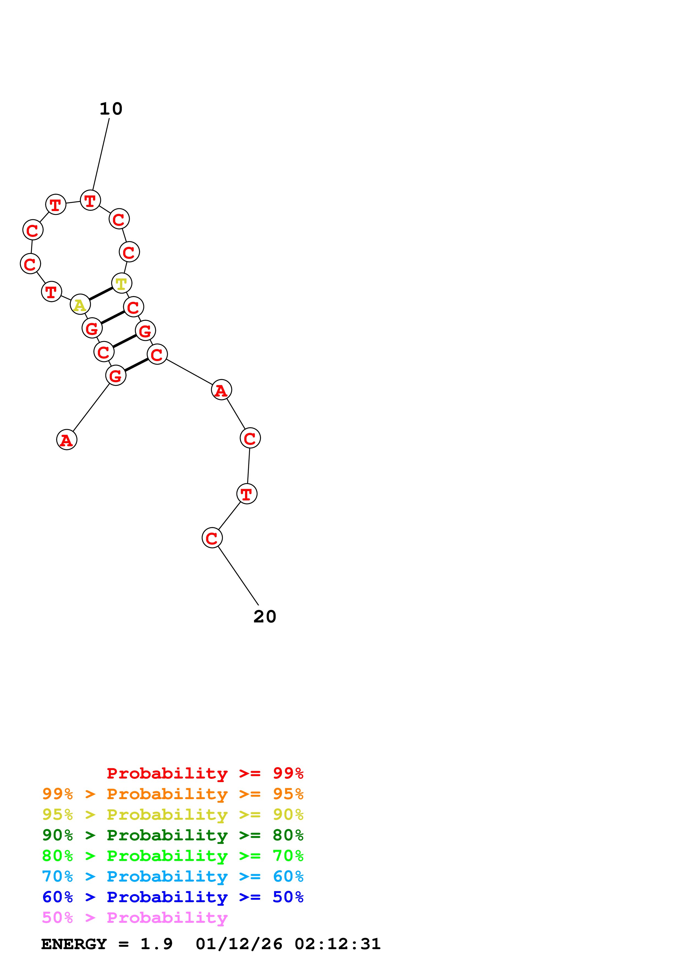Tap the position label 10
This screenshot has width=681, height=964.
coord(111,109)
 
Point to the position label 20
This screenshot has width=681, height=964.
coord(265,616)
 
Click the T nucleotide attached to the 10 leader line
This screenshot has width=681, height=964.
coord(90,200)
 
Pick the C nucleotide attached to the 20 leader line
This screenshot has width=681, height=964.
coord(212,538)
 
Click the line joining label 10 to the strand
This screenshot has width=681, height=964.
coord(101,154)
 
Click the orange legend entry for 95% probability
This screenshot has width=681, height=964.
coord(173,794)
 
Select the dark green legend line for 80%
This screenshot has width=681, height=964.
coord(173,835)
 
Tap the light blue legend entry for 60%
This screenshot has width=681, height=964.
coord(173,876)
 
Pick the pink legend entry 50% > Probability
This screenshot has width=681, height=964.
coord(135,917)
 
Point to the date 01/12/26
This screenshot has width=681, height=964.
coord(239,944)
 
